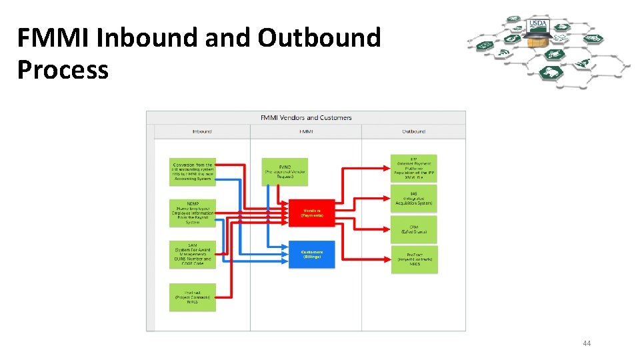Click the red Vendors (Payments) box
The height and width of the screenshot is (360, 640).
click(x=311, y=212)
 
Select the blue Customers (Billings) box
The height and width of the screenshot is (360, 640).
click(x=311, y=254)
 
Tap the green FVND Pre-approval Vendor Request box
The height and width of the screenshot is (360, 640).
click(x=285, y=172)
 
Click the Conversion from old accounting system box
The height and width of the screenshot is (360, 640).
click(x=193, y=172)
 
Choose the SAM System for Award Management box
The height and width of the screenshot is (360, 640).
click(x=193, y=255)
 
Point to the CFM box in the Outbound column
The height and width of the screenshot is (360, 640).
click(x=414, y=229)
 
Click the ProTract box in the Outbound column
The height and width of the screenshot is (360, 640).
click(x=414, y=259)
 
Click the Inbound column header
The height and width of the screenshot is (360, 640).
click(x=202, y=131)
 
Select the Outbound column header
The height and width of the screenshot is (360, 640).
click(x=413, y=131)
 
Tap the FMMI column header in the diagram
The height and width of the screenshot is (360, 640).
click(x=306, y=131)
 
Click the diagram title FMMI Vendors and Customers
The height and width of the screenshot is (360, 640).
click(x=306, y=118)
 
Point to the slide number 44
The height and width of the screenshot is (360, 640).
click(x=587, y=343)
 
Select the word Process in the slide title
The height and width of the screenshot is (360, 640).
click(x=63, y=69)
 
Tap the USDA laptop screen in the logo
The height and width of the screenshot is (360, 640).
click(x=538, y=26)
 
